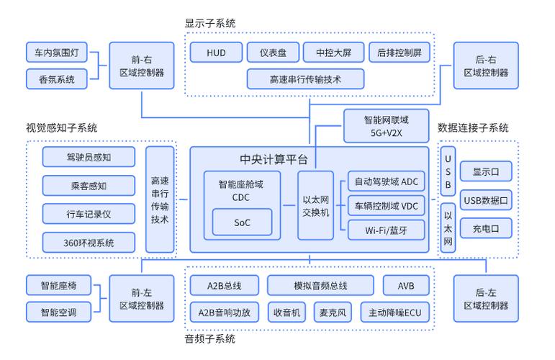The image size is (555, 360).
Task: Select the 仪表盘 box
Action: [272, 53]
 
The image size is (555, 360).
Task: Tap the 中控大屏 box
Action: [329, 53]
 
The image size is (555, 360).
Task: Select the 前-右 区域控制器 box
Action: [141, 66]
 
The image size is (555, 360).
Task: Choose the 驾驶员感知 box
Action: [88, 156]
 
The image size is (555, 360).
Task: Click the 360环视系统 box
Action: [88, 242]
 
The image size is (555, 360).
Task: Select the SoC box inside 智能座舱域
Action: [242, 222]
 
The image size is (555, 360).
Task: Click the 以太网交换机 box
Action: [315, 205]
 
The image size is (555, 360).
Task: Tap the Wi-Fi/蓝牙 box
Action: [386, 230]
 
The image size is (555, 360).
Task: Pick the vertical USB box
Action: [448, 171]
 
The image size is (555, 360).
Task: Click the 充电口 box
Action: [486, 229]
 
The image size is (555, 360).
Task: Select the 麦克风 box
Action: [333, 312]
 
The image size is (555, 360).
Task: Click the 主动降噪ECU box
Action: [394, 312]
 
